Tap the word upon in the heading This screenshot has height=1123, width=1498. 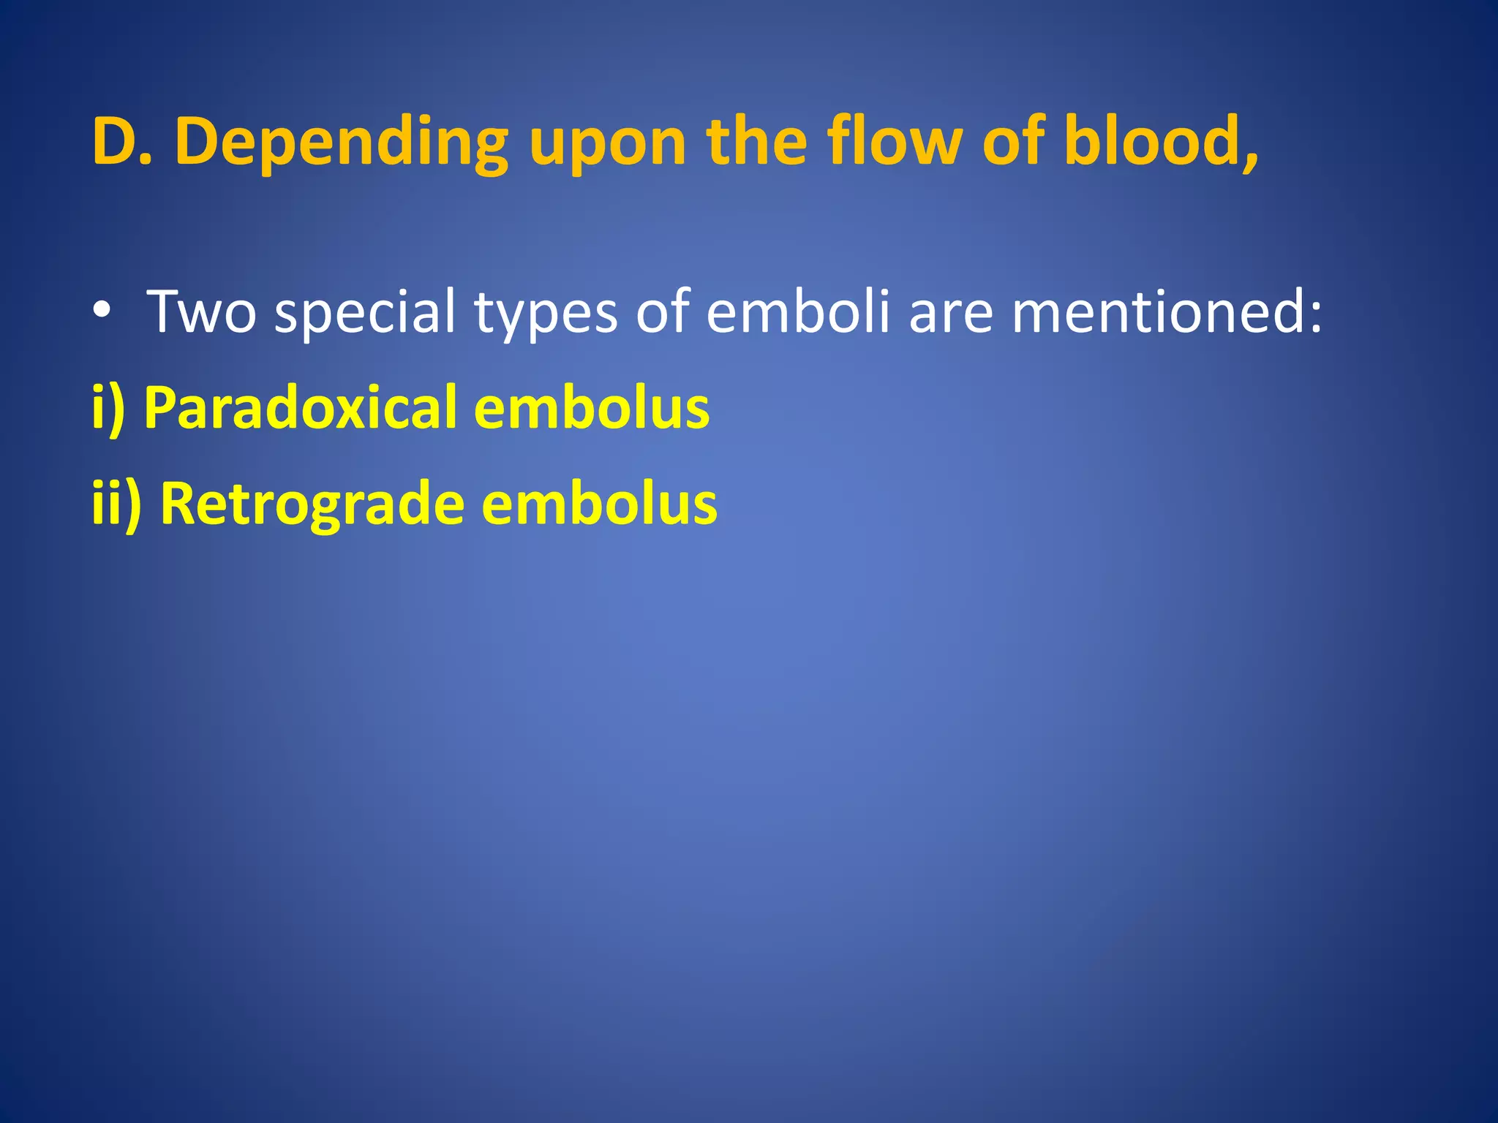tap(607, 145)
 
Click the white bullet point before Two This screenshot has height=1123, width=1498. tap(102, 311)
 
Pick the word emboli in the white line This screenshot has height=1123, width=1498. tap(798, 311)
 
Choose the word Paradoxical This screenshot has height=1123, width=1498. tap(300, 407)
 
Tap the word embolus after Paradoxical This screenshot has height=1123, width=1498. tap(591, 407)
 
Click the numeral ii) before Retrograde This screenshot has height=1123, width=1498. tap(116, 504)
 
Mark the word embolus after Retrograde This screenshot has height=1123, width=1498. tap(599, 504)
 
